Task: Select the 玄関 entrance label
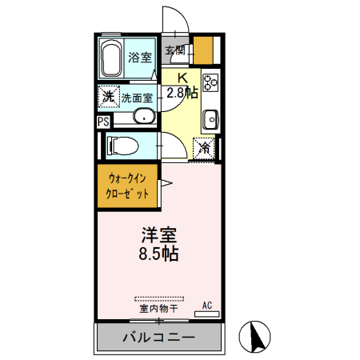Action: coord(174,50)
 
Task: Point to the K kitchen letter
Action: coord(182,78)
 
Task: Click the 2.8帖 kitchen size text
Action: coord(182,91)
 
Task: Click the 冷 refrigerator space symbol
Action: coord(205,147)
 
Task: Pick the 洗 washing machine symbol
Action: coord(109,97)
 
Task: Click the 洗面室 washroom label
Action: coord(138,98)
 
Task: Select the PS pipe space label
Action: coord(102,122)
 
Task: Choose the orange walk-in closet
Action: coord(128,187)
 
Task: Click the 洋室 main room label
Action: coord(159,236)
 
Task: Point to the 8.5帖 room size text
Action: coord(159,255)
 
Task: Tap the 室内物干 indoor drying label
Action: coord(158,308)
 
